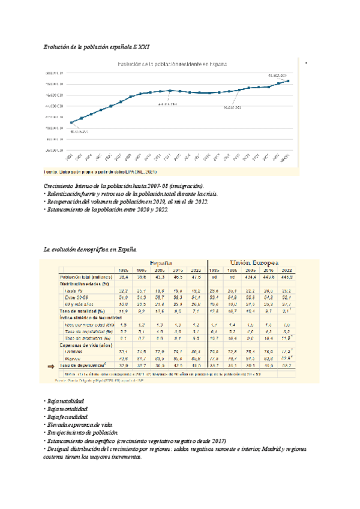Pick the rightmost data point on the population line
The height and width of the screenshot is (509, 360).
click(x=289, y=80)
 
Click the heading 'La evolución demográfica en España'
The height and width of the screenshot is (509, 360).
click(x=91, y=248)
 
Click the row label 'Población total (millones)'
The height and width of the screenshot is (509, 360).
click(x=83, y=277)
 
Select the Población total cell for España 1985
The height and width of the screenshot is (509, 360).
click(x=124, y=277)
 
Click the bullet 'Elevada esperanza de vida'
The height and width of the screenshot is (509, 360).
click(x=78, y=424)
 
